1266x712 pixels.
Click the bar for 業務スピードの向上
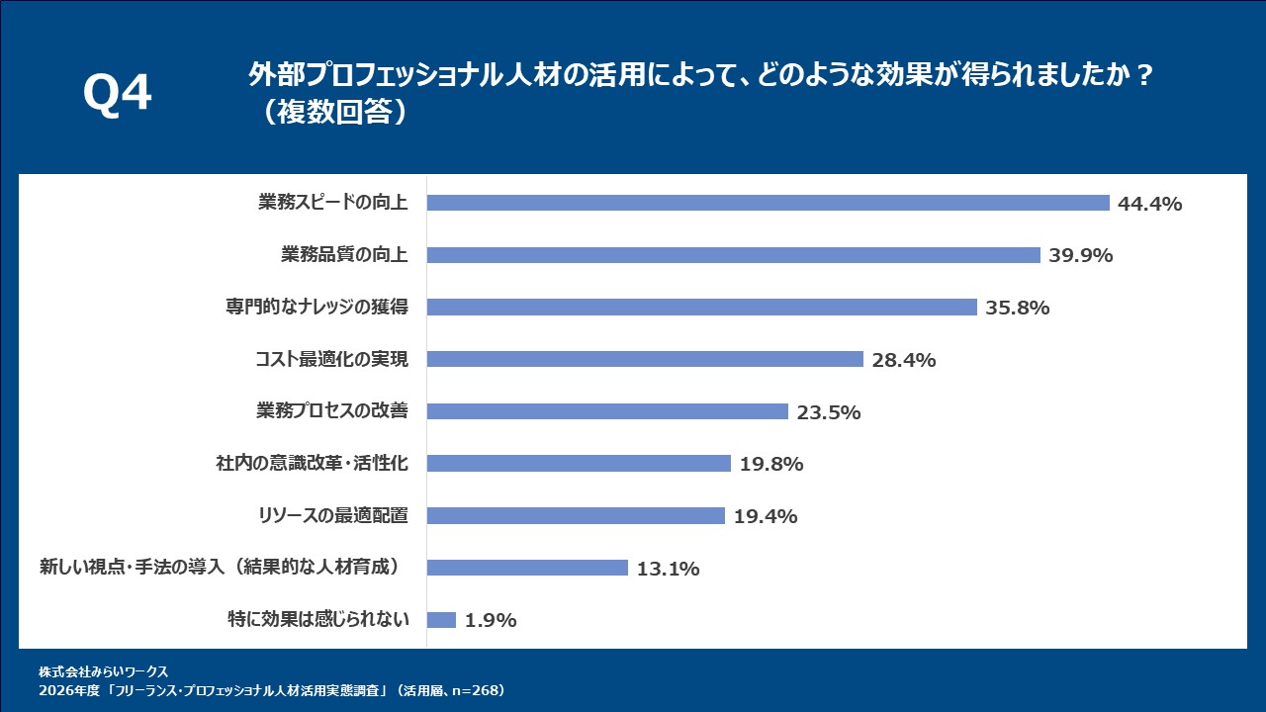[x=768, y=203]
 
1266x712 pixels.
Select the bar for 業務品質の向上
[x=733, y=255]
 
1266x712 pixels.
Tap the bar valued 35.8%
[x=701, y=308]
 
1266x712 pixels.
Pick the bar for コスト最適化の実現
[x=645, y=359]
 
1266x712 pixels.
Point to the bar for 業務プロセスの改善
[x=607, y=411]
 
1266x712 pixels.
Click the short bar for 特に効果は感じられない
[x=441, y=620]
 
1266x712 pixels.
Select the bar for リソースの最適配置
[x=576, y=516]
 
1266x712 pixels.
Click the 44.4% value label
[x=1149, y=204]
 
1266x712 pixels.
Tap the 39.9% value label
[x=1080, y=256]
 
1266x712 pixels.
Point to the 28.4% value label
[x=903, y=360]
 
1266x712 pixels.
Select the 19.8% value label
[x=770, y=464]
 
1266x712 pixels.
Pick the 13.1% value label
[x=668, y=569]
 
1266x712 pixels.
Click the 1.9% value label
[x=491, y=621]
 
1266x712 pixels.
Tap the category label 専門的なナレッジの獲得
[x=316, y=308]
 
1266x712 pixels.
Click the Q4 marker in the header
[x=118, y=94]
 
